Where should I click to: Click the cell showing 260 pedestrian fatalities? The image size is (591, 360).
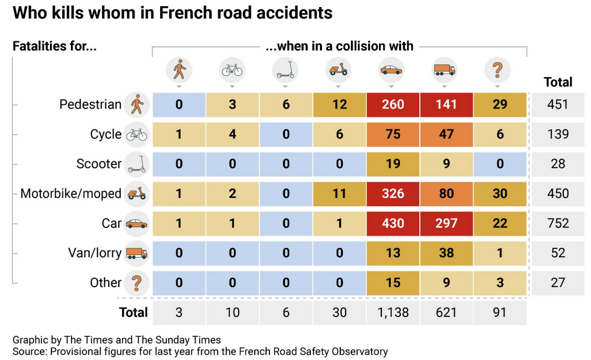coord(393,105)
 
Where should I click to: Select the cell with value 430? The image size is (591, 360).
coord(393,223)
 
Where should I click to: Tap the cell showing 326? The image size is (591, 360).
coord(393,194)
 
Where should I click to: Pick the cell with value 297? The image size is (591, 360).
coord(446,223)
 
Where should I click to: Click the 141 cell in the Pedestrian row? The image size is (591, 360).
coord(446,105)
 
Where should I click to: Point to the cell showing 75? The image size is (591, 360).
coord(393,134)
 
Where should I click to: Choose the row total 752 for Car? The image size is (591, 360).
coord(558,223)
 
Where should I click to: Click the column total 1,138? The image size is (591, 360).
coord(393,312)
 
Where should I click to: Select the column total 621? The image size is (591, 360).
coord(446,312)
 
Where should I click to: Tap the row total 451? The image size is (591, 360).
coord(558,105)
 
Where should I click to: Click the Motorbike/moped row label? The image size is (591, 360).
coord(71,194)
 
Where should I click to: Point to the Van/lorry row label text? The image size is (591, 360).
coord(95,253)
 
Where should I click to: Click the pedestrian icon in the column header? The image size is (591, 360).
coord(179,71)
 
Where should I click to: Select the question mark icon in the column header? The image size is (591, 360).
coord(497,71)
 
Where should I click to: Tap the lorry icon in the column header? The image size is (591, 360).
coord(444,71)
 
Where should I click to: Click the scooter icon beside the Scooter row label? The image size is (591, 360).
coord(137,164)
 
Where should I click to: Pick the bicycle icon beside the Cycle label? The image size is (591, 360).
coord(137,135)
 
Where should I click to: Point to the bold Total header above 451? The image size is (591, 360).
coord(558,82)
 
